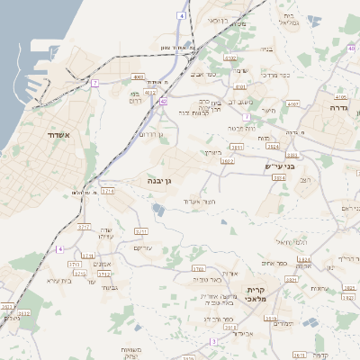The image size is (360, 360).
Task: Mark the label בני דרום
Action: coord(134,97)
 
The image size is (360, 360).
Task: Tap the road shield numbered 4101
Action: coord(240,87)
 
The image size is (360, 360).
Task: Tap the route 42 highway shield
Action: coord(163,102)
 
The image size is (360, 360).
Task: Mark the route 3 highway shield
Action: coord(213,342)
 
